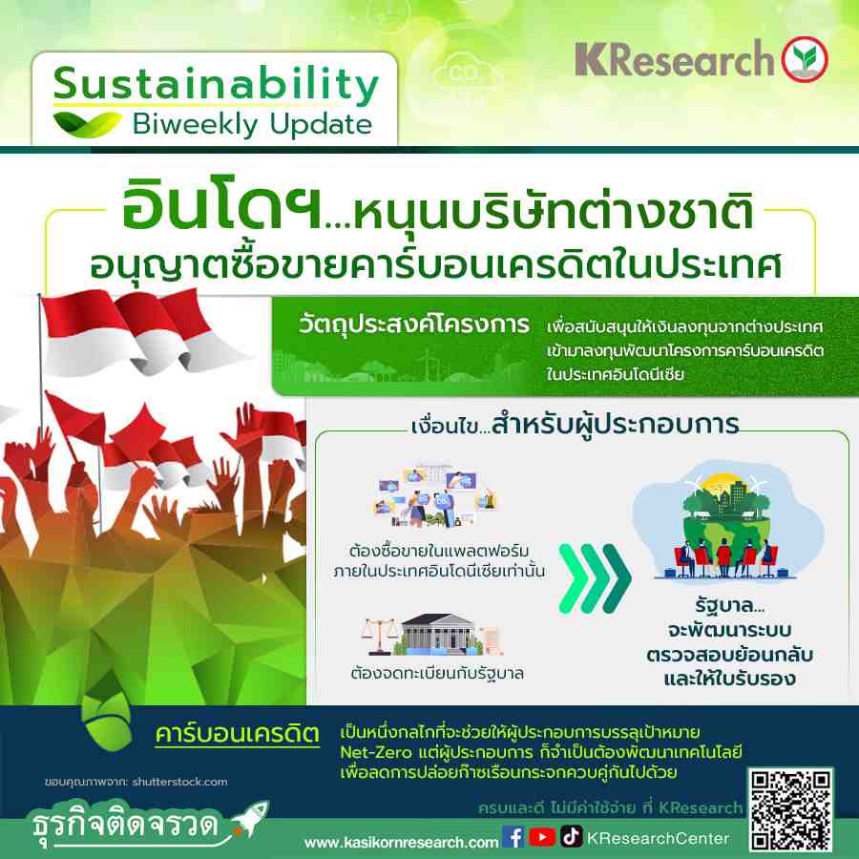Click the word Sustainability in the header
tap(216, 84)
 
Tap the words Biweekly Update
tap(253, 124)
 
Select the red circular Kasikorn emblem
tap(805, 59)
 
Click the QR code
tap(790, 810)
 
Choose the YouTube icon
tap(542, 837)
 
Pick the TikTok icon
tap(571, 836)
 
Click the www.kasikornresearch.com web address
tap(401, 842)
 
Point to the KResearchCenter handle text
tap(658, 838)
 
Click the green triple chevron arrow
tap(595, 578)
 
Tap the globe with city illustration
tap(727, 520)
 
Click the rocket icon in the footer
tap(250, 819)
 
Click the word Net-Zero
tap(376, 752)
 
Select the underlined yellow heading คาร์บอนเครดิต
tap(238, 734)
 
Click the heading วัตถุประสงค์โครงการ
tap(414, 325)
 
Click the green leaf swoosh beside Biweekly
tap(87, 123)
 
